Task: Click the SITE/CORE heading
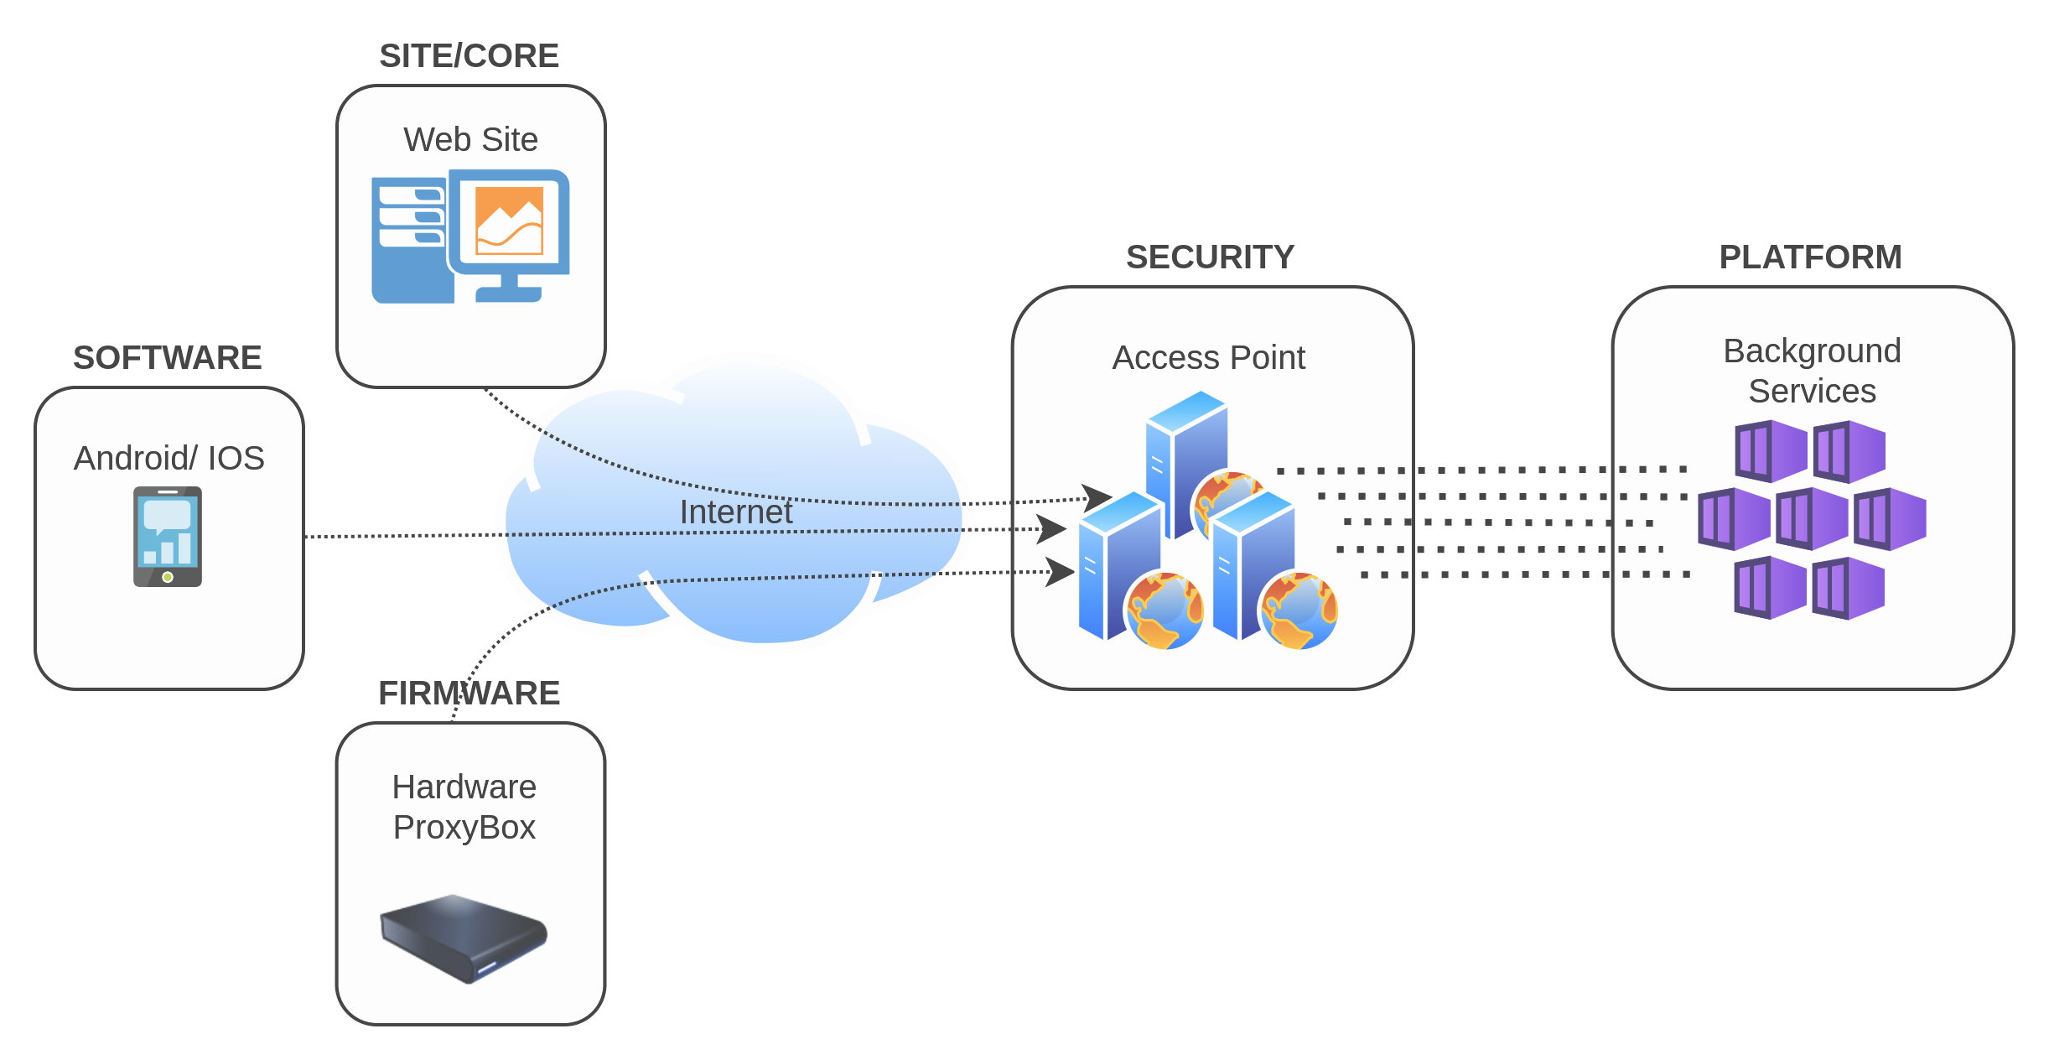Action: click(469, 56)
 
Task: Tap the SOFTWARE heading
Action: click(168, 358)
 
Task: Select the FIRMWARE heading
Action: click(469, 694)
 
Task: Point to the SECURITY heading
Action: click(1210, 257)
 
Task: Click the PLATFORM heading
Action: click(1810, 257)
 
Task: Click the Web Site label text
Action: click(470, 140)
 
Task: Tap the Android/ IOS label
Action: click(169, 459)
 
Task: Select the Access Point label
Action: click(1208, 358)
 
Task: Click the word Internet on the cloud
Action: click(735, 512)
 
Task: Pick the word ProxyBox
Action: click(464, 828)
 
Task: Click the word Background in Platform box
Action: click(1812, 351)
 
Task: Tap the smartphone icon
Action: click(168, 537)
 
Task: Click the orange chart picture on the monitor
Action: click(509, 221)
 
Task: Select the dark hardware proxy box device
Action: click(463, 937)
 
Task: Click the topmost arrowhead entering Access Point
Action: click(1096, 497)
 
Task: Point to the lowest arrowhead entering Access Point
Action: click(1059, 572)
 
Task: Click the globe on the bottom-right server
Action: click(1299, 611)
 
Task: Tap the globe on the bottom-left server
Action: click(1165, 611)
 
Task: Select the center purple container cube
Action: click(1812, 519)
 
